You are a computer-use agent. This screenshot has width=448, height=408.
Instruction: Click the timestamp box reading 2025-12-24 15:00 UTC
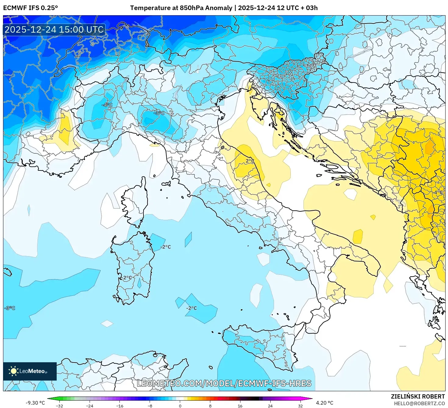coord(54,30)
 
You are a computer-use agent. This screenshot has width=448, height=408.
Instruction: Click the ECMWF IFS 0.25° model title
coord(30,8)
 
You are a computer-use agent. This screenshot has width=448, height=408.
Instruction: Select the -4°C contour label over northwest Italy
coord(107,105)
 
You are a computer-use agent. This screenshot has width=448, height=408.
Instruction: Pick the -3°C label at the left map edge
coord(9,308)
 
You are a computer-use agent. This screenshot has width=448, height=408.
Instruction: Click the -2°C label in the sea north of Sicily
coord(191,308)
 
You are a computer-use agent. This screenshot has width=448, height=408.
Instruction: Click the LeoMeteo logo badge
coord(30,371)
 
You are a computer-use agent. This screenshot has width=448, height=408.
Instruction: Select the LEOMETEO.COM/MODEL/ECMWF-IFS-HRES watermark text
coord(224,383)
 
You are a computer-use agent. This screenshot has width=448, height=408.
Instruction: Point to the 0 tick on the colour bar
coord(180,406)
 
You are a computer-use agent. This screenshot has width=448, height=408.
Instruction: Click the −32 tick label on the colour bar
coord(59,406)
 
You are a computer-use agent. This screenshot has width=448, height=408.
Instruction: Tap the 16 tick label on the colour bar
coord(240,406)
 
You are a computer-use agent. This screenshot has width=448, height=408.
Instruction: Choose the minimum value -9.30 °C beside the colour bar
coord(35,403)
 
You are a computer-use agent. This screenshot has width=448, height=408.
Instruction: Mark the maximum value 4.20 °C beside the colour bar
coord(325,403)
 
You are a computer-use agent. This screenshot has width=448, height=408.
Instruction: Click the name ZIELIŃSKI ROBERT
coord(418,396)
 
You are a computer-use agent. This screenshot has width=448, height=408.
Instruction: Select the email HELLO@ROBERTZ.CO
coord(421,403)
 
